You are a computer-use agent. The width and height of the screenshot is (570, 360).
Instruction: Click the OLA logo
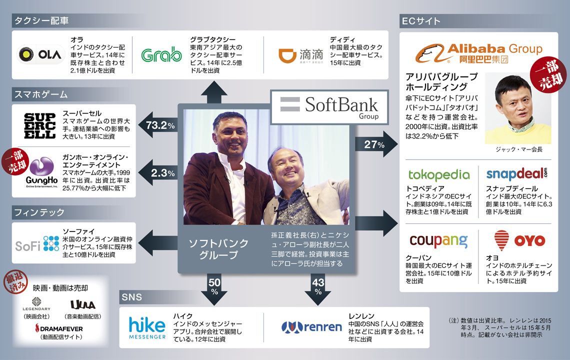[40, 54]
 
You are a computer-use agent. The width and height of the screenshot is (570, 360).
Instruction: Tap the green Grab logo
[161, 55]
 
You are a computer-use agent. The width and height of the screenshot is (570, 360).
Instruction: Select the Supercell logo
[40, 126]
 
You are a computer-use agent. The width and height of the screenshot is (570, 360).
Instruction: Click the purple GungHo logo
[42, 172]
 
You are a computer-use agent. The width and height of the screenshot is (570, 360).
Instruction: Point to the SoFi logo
[37, 243]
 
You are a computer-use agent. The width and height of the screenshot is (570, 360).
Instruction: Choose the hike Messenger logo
[147, 328]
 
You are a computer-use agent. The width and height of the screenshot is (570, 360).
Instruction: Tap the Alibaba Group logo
[479, 53]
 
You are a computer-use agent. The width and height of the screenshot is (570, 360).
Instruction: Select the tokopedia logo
[439, 175]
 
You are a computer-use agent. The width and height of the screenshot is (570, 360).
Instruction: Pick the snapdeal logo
[516, 174]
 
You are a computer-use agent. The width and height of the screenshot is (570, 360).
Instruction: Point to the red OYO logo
[519, 240]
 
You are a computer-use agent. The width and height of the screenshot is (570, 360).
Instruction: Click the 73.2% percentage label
[160, 126]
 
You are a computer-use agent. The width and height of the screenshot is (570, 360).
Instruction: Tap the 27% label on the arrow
[374, 144]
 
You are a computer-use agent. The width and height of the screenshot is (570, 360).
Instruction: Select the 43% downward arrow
[318, 289]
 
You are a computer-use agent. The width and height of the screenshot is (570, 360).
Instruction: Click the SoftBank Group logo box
[329, 107]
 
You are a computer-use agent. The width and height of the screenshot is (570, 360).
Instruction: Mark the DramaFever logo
[59, 328]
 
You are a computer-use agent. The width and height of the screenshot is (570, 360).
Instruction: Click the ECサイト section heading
[421, 21]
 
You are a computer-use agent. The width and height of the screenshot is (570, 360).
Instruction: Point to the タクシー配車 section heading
[41, 20]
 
